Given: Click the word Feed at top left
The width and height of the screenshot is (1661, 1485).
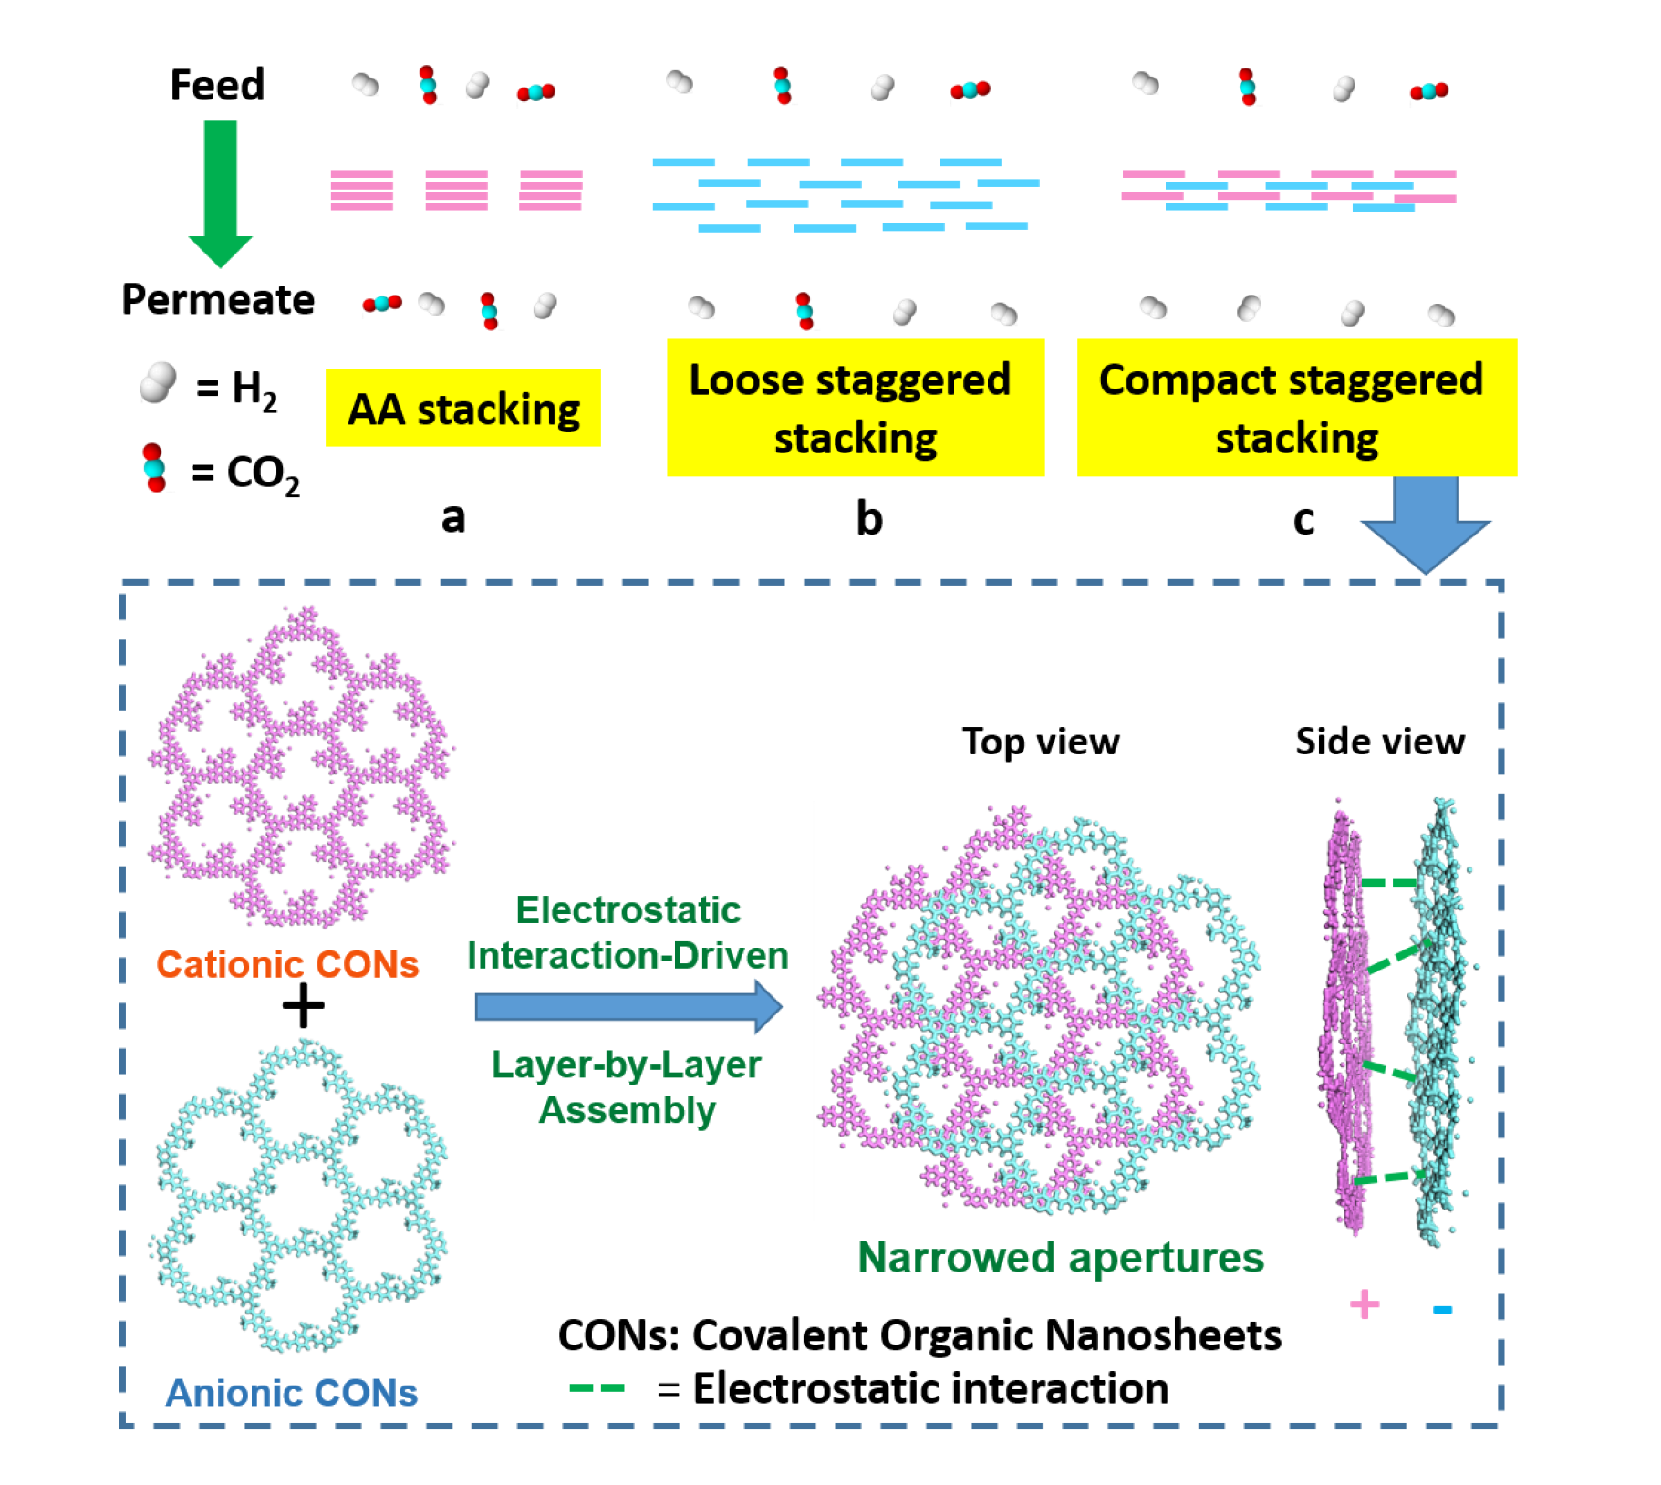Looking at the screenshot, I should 216,85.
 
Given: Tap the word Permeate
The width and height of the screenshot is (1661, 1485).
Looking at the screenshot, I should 218,299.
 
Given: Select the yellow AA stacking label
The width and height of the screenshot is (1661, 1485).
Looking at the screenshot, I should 462,409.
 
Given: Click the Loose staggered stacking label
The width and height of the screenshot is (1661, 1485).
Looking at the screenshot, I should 854,408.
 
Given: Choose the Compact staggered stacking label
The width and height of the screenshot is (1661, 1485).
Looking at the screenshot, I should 1295,408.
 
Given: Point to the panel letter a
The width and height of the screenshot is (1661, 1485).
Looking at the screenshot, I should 452,517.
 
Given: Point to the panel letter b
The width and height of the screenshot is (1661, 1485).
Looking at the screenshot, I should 868,518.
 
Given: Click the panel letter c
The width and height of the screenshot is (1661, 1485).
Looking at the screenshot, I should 1303,519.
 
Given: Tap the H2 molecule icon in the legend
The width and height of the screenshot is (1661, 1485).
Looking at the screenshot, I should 158,382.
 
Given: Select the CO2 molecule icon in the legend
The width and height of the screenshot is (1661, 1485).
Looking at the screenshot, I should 154,468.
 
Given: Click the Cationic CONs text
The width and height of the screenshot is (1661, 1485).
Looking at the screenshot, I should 286,964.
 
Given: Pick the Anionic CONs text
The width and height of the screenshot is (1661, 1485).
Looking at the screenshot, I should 291,1393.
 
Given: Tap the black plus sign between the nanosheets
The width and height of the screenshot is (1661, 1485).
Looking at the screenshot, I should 303,1006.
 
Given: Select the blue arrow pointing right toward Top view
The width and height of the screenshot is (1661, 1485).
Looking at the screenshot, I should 628,1007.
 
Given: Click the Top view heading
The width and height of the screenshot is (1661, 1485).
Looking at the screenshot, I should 1040,742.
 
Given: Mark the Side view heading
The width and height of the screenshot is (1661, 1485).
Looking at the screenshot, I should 1379,742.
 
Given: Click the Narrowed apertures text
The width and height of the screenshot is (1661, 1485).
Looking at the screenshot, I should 1060,1258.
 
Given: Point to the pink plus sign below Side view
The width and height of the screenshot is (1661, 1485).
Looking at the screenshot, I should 1364,1304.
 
